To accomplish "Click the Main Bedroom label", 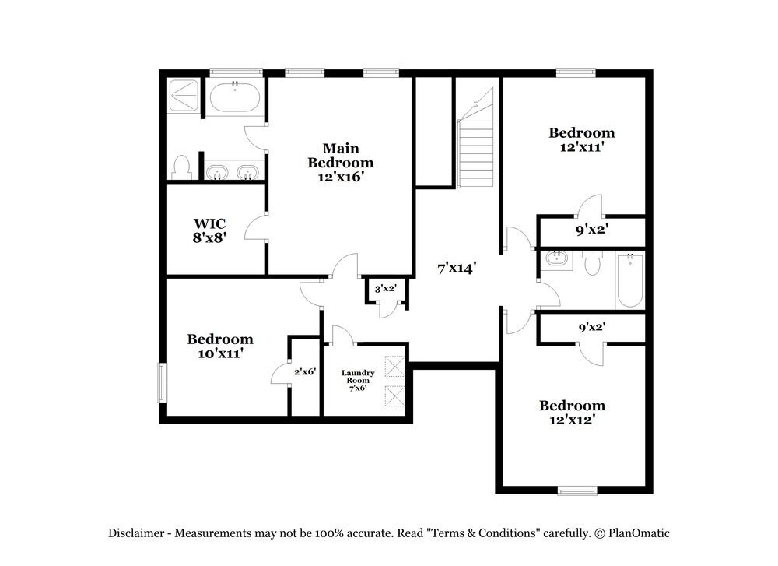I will point(340,155).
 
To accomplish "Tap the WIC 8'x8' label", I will point(209,230).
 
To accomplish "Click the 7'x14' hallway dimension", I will point(456,269).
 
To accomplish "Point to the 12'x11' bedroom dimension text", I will point(582,146).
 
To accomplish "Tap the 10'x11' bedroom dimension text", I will point(220,353).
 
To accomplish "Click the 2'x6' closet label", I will point(304,372).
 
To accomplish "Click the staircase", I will point(475,148).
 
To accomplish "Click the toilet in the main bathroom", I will point(182,167).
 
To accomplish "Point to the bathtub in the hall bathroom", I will point(630,279).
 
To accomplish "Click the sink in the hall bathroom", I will point(555,259).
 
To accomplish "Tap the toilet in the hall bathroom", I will point(591,263).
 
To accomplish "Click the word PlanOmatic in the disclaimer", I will point(639,533).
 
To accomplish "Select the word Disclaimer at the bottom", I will point(136,533).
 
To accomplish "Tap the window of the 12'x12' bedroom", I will point(576,490).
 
